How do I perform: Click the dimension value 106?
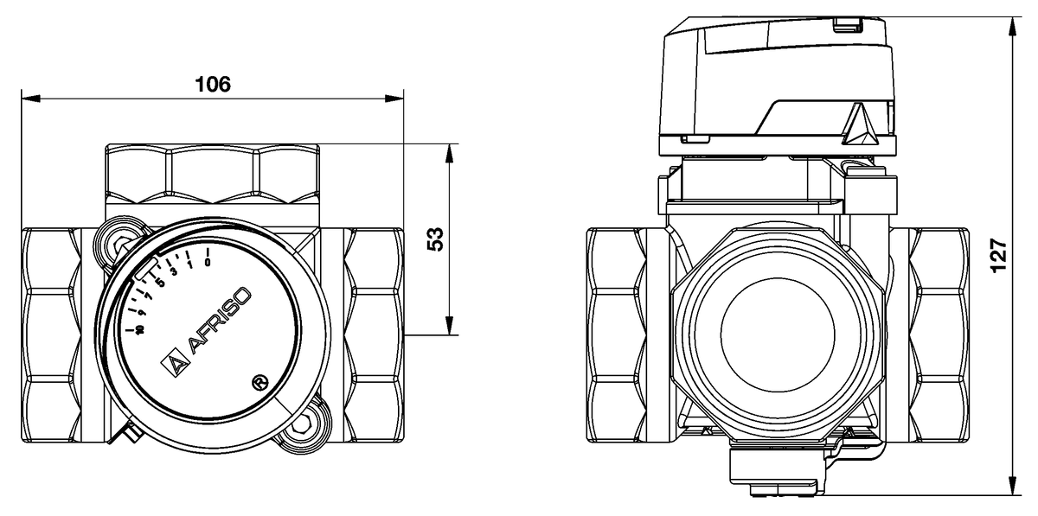tap(213, 84)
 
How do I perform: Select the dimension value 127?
tap(998, 256)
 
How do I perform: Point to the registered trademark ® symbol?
tap(257, 380)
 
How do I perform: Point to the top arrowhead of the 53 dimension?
tap(449, 152)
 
